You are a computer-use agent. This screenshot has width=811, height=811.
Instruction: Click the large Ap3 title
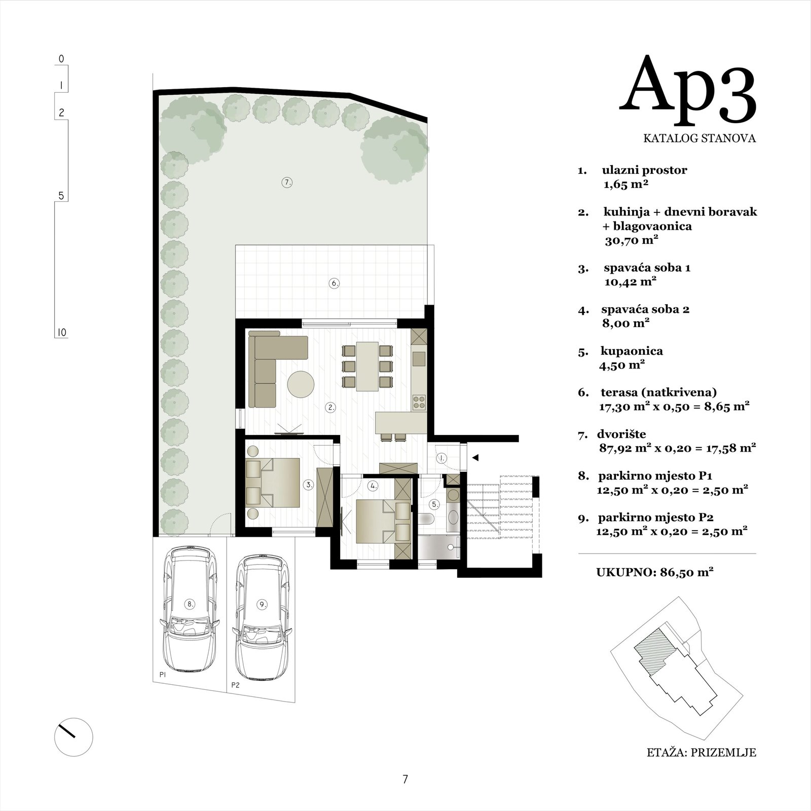(688, 92)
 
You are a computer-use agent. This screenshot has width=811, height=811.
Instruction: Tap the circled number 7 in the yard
(287, 182)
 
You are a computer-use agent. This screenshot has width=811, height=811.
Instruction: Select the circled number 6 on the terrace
(335, 283)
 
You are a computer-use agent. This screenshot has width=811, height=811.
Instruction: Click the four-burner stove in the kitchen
(419, 402)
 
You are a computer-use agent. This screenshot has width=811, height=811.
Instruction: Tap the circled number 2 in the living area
(330, 407)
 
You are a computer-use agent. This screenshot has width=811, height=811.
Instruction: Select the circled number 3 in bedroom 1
(309, 485)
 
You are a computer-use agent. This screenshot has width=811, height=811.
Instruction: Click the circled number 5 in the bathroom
(434, 504)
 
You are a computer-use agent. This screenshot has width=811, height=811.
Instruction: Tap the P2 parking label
(235, 685)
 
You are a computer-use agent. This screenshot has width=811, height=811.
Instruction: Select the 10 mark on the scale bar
(62, 333)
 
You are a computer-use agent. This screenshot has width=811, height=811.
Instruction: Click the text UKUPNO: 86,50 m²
(655, 572)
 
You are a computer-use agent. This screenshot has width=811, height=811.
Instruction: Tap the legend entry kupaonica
(631, 351)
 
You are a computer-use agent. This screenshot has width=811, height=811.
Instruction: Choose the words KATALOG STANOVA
(699, 138)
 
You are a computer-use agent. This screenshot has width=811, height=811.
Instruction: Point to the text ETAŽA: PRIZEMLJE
(702, 753)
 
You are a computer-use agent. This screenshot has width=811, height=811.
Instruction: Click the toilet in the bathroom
(426, 518)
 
